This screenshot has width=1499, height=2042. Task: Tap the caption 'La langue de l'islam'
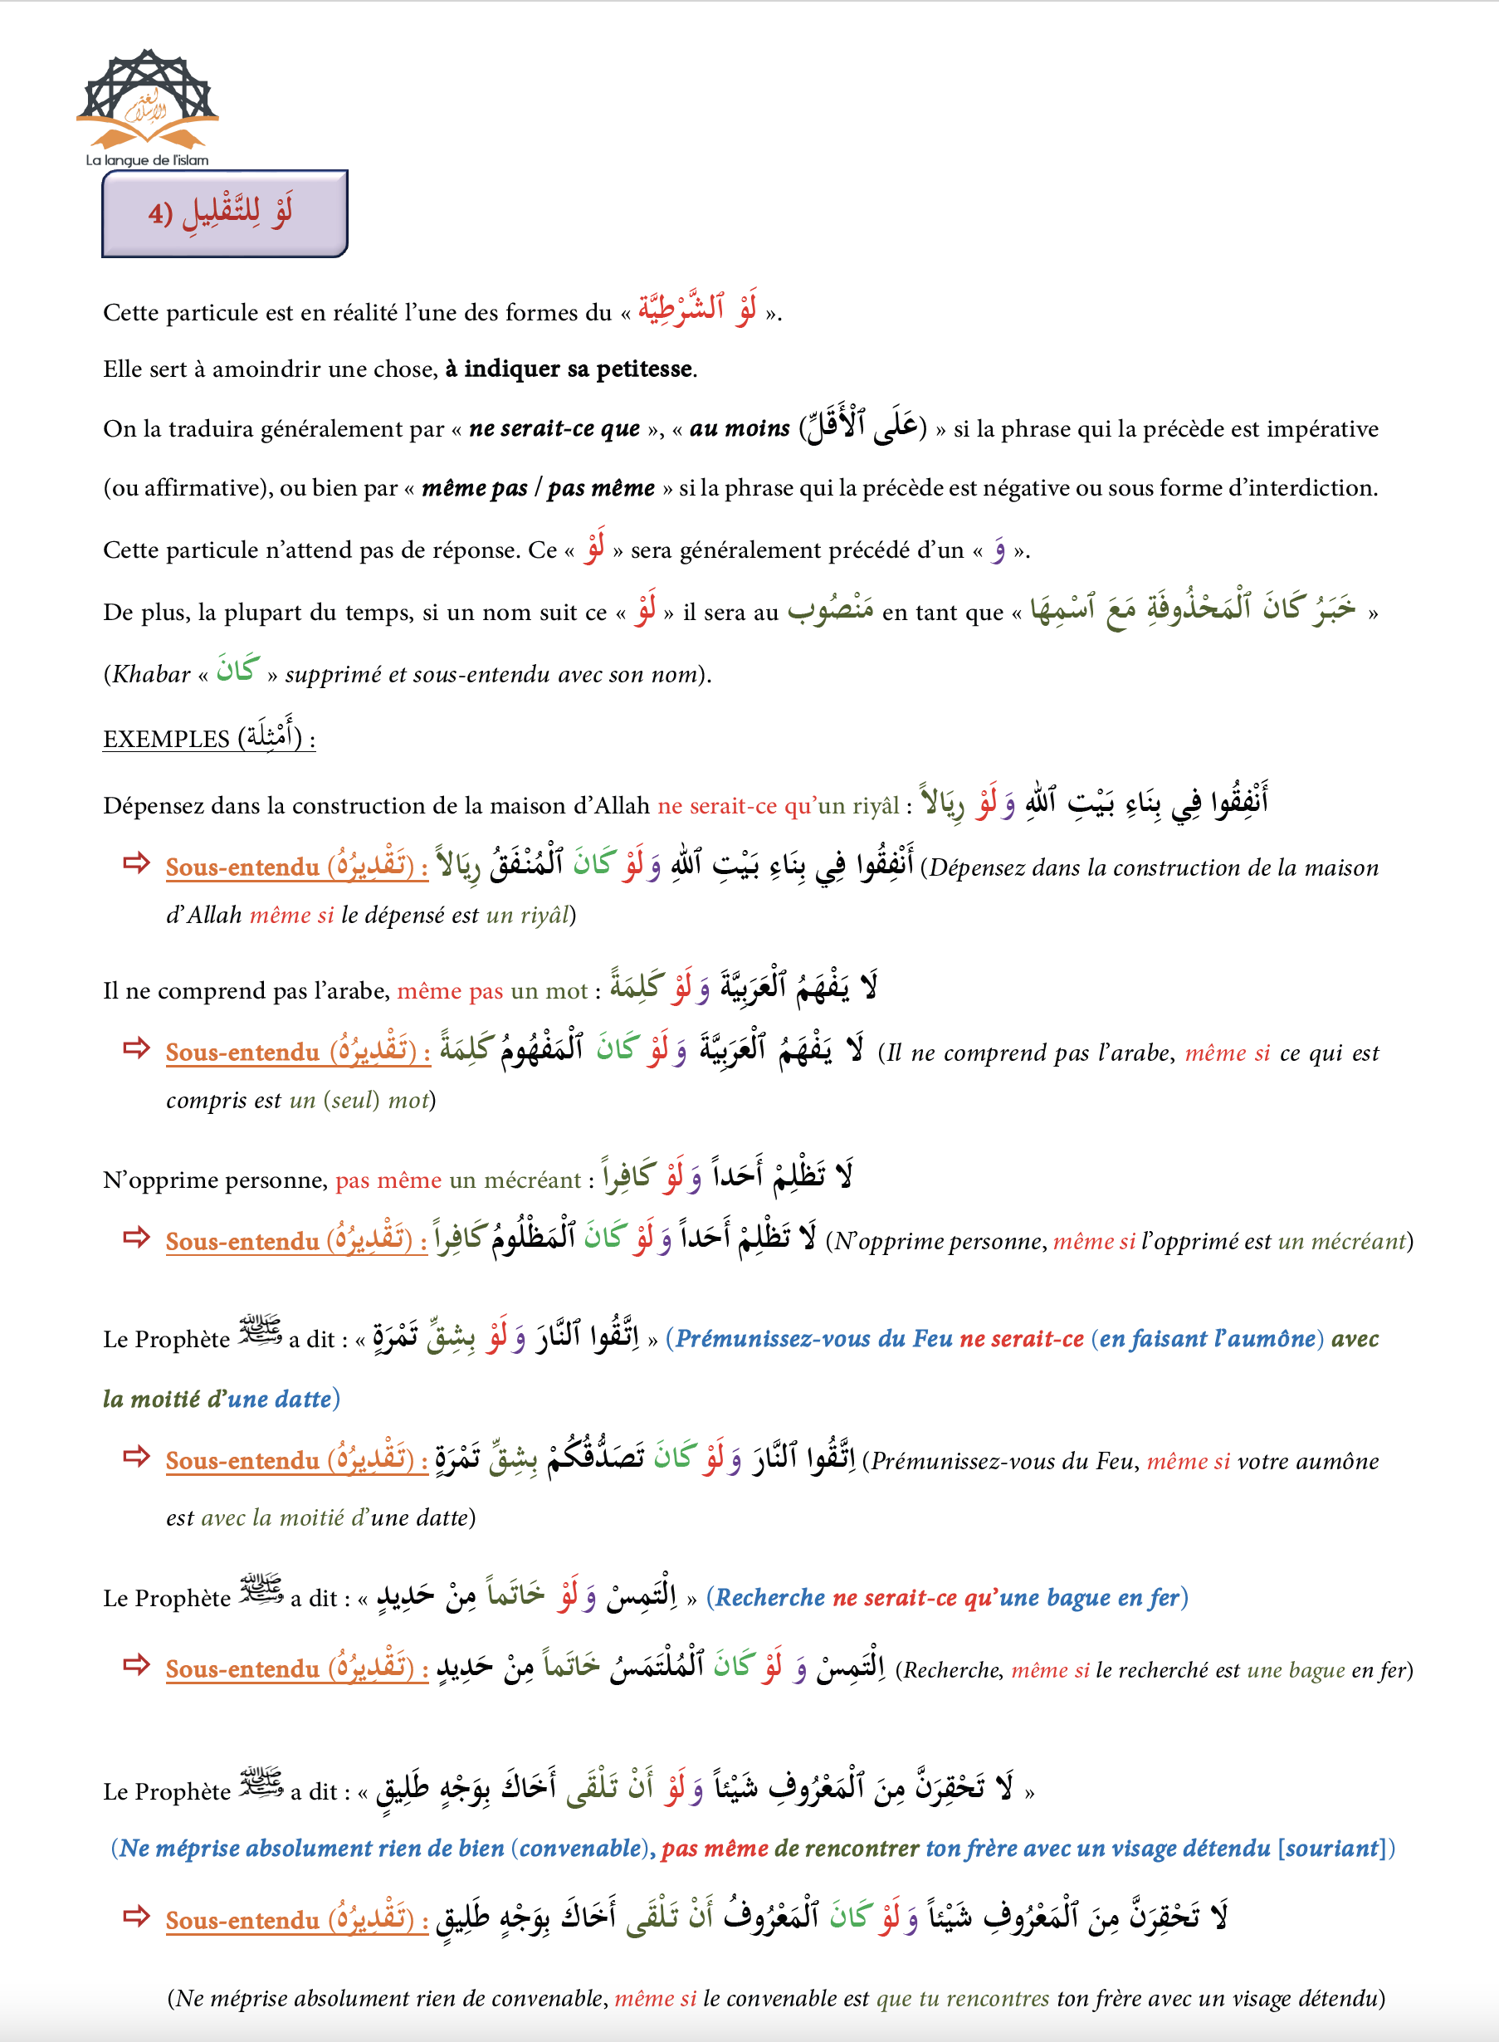pos(147,161)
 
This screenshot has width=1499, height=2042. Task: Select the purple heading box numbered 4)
pos(224,213)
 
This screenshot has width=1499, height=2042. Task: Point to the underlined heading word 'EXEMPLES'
pos(166,740)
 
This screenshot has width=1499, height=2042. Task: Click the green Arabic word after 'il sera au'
pos(830,610)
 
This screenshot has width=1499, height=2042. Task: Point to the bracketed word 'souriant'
pos(1335,1849)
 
